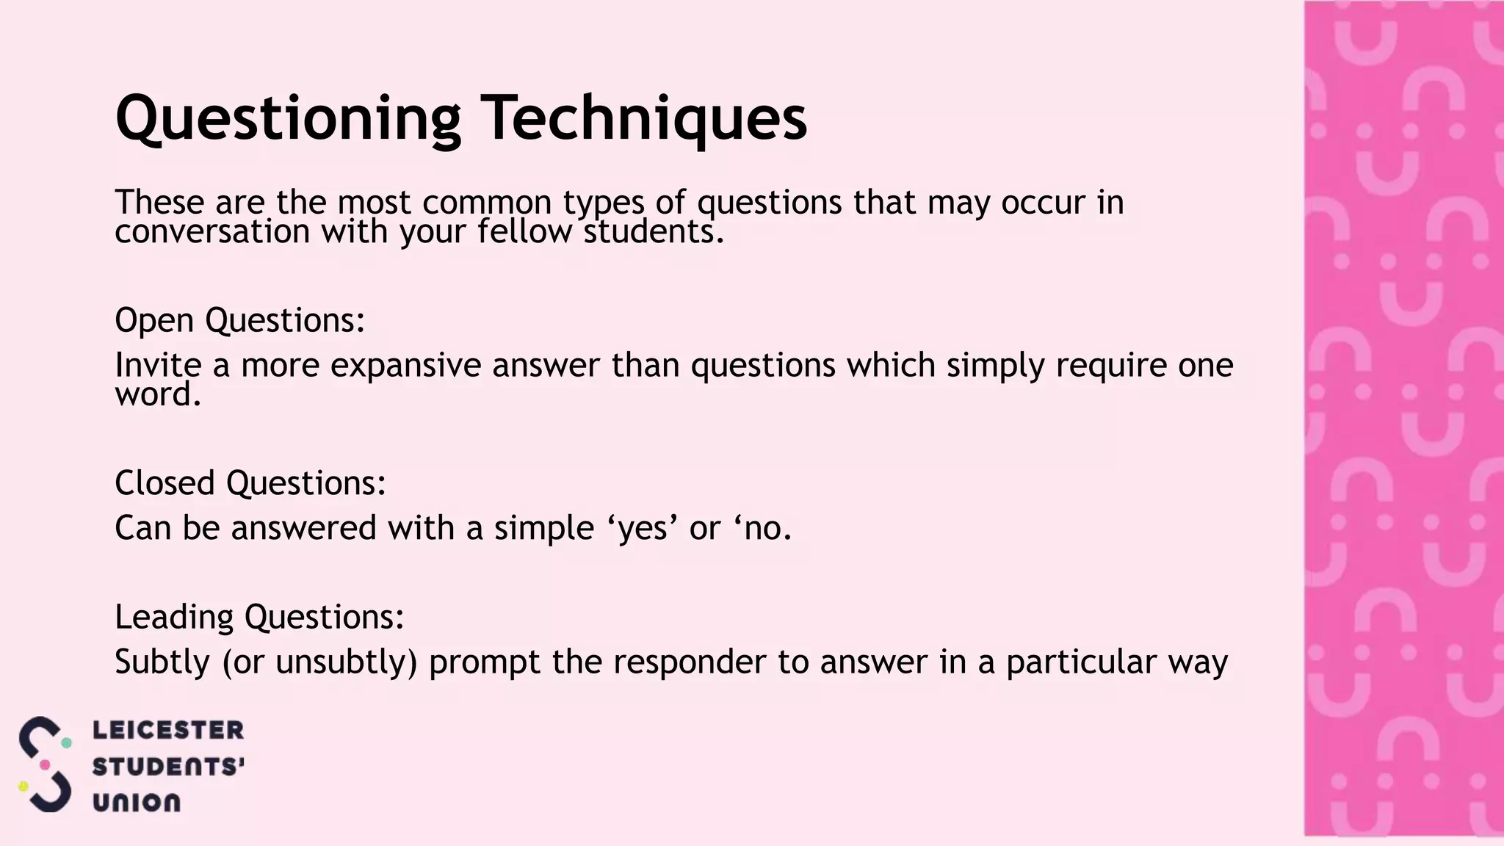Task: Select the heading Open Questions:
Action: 239,320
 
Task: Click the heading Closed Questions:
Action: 250,483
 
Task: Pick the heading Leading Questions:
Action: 259,617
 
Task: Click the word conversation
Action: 212,232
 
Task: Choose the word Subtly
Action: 162,662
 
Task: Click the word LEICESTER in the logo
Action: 168,730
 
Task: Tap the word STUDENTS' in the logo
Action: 168,767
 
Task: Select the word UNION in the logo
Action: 137,803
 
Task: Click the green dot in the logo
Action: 66,743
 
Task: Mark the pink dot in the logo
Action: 45,765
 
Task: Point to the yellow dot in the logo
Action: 23,787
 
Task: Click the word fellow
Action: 524,232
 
